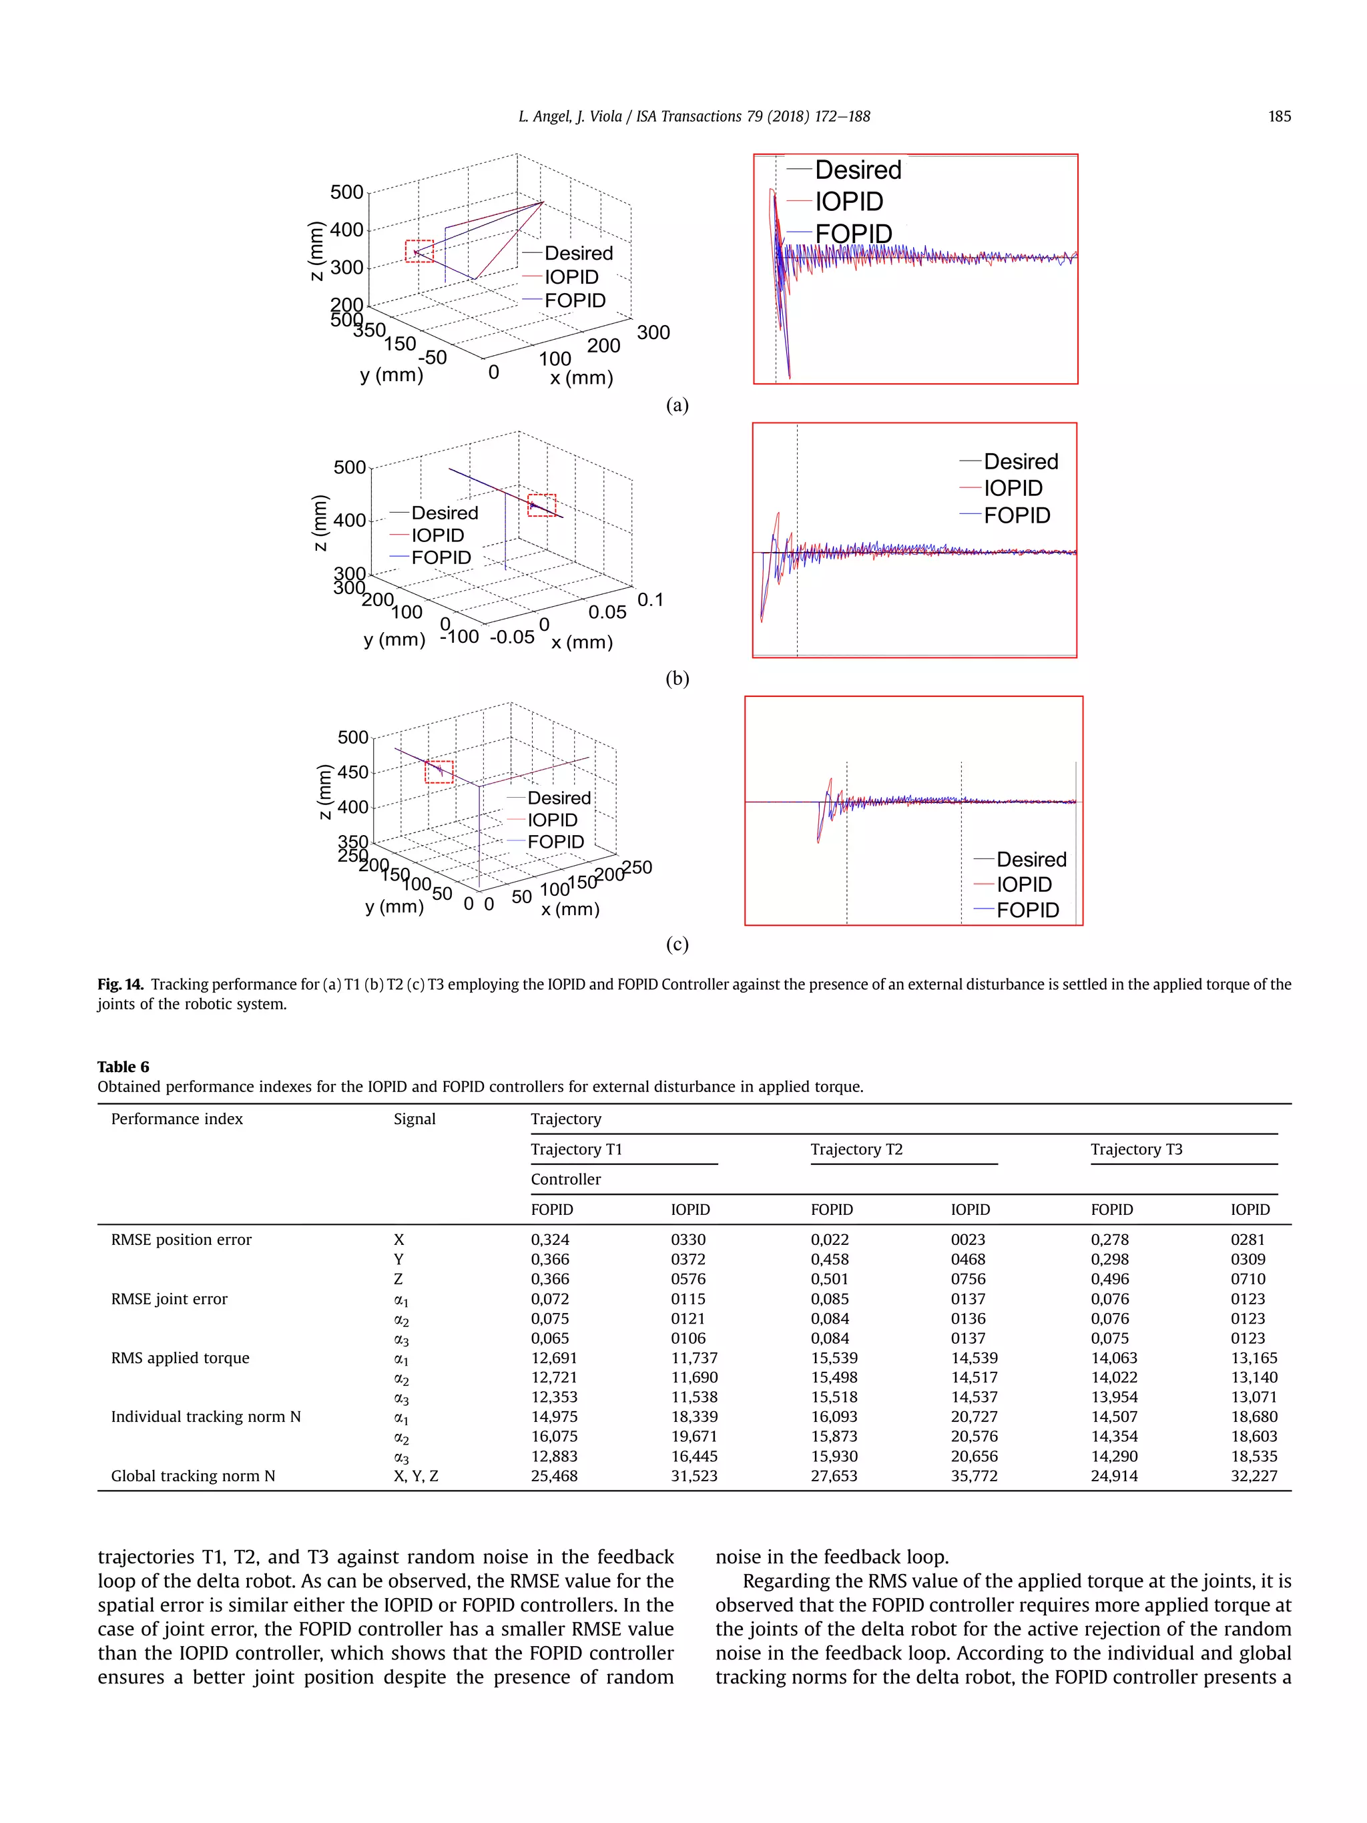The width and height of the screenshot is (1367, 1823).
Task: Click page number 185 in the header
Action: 1278,116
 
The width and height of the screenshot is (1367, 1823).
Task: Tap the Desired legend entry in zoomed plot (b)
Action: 1020,461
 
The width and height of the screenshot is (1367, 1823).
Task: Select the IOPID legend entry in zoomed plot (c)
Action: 1023,884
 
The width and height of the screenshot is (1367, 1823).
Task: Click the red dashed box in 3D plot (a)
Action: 419,250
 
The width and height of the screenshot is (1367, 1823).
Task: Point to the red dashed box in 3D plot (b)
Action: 541,505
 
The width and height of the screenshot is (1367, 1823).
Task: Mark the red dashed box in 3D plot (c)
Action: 439,772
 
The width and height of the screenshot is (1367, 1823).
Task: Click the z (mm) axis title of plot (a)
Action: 316,250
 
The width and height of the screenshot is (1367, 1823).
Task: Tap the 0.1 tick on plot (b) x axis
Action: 650,599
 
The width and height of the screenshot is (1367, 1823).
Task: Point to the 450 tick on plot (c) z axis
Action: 352,772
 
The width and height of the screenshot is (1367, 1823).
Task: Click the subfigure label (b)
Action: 677,678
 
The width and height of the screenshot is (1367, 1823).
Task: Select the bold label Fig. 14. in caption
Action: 120,984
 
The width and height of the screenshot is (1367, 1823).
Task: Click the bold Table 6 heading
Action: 123,1067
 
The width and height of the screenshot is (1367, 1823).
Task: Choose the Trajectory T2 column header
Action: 856,1149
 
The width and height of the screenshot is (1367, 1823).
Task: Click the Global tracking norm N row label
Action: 193,1476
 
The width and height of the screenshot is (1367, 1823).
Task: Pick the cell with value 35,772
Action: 973,1476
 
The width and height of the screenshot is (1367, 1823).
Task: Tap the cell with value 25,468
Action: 554,1476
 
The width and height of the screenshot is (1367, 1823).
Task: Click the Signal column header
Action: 415,1118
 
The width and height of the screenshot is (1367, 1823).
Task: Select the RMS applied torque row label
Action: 180,1357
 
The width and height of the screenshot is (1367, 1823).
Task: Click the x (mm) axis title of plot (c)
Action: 569,909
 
